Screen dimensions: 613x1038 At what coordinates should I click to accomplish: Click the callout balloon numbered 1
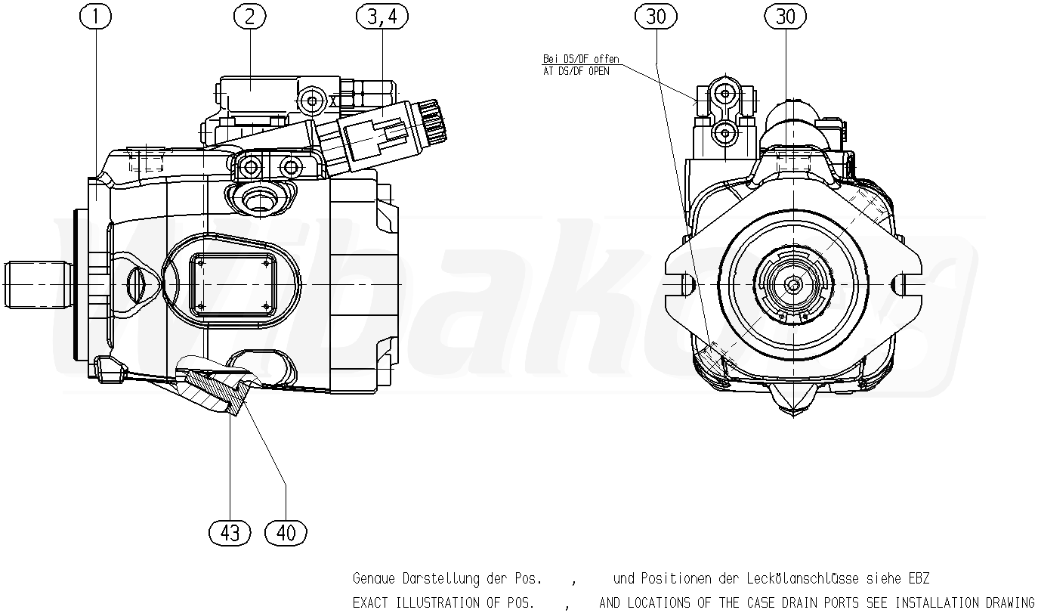click(x=96, y=16)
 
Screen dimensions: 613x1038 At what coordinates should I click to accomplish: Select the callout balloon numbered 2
click(x=249, y=16)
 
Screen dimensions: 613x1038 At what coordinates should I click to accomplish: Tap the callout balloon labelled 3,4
click(x=381, y=16)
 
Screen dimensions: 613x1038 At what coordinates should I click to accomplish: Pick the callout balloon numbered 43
click(x=229, y=533)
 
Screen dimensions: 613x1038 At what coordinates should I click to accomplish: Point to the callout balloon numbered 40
click(x=286, y=533)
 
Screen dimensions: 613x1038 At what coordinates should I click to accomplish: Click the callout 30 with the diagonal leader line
click(x=656, y=16)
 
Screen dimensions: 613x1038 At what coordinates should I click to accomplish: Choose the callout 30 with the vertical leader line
click(x=786, y=16)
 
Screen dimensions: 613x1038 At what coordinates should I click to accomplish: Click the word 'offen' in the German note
click(x=606, y=59)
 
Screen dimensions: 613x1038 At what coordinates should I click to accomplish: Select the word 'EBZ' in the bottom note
click(x=918, y=579)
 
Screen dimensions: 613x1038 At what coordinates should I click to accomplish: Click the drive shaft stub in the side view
click(x=36, y=283)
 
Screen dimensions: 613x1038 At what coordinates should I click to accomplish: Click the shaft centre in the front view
click(x=792, y=284)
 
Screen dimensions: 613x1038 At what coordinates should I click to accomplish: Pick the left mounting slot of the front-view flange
click(x=685, y=284)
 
